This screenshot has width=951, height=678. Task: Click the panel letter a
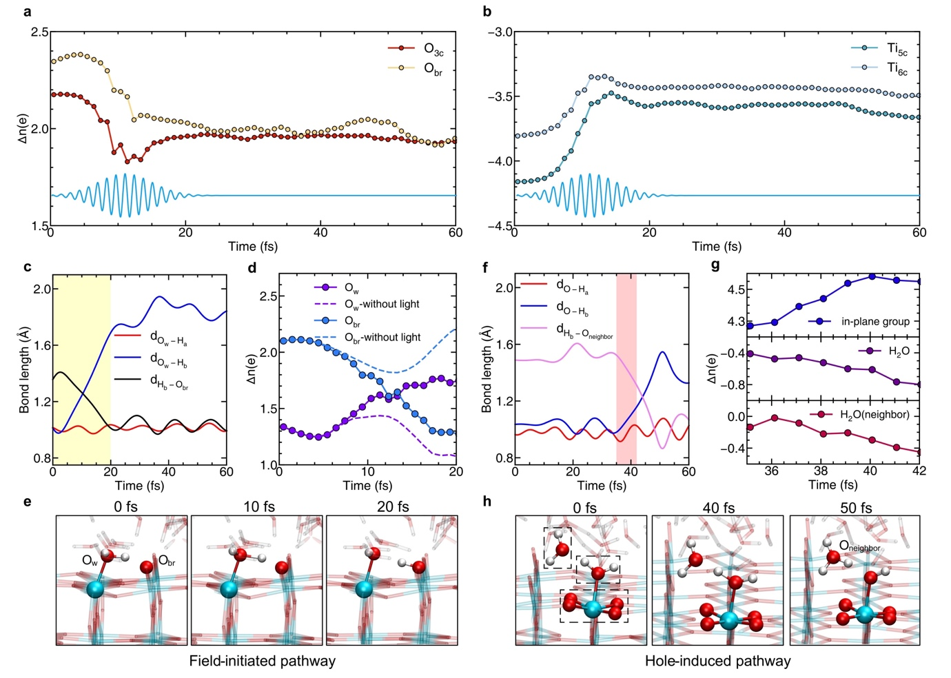tap(28, 12)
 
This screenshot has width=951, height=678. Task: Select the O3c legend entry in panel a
tap(433, 50)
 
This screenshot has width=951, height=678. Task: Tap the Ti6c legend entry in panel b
tap(897, 68)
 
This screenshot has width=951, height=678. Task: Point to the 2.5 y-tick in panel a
tap(39, 32)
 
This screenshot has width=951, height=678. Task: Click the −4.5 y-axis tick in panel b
tap(500, 226)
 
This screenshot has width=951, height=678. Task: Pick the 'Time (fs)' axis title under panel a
tap(253, 246)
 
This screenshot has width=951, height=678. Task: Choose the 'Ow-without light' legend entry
tap(381, 304)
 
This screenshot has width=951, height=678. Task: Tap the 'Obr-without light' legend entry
tap(382, 337)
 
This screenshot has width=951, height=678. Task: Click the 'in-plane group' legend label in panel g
tap(875, 321)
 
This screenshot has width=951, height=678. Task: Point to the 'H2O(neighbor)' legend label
tap(874, 415)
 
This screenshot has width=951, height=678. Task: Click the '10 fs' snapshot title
tap(259, 507)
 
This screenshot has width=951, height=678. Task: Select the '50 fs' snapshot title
tap(855, 508)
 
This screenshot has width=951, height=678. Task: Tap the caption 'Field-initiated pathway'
tap(263, 661)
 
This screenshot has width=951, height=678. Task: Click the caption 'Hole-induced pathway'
tap(717, 661)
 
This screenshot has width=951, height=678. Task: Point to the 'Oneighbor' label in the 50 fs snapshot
tap(859, 546)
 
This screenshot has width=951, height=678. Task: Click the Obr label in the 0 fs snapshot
tap(167, 561)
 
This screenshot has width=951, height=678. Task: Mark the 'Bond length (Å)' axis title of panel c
tap(25, 370)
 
